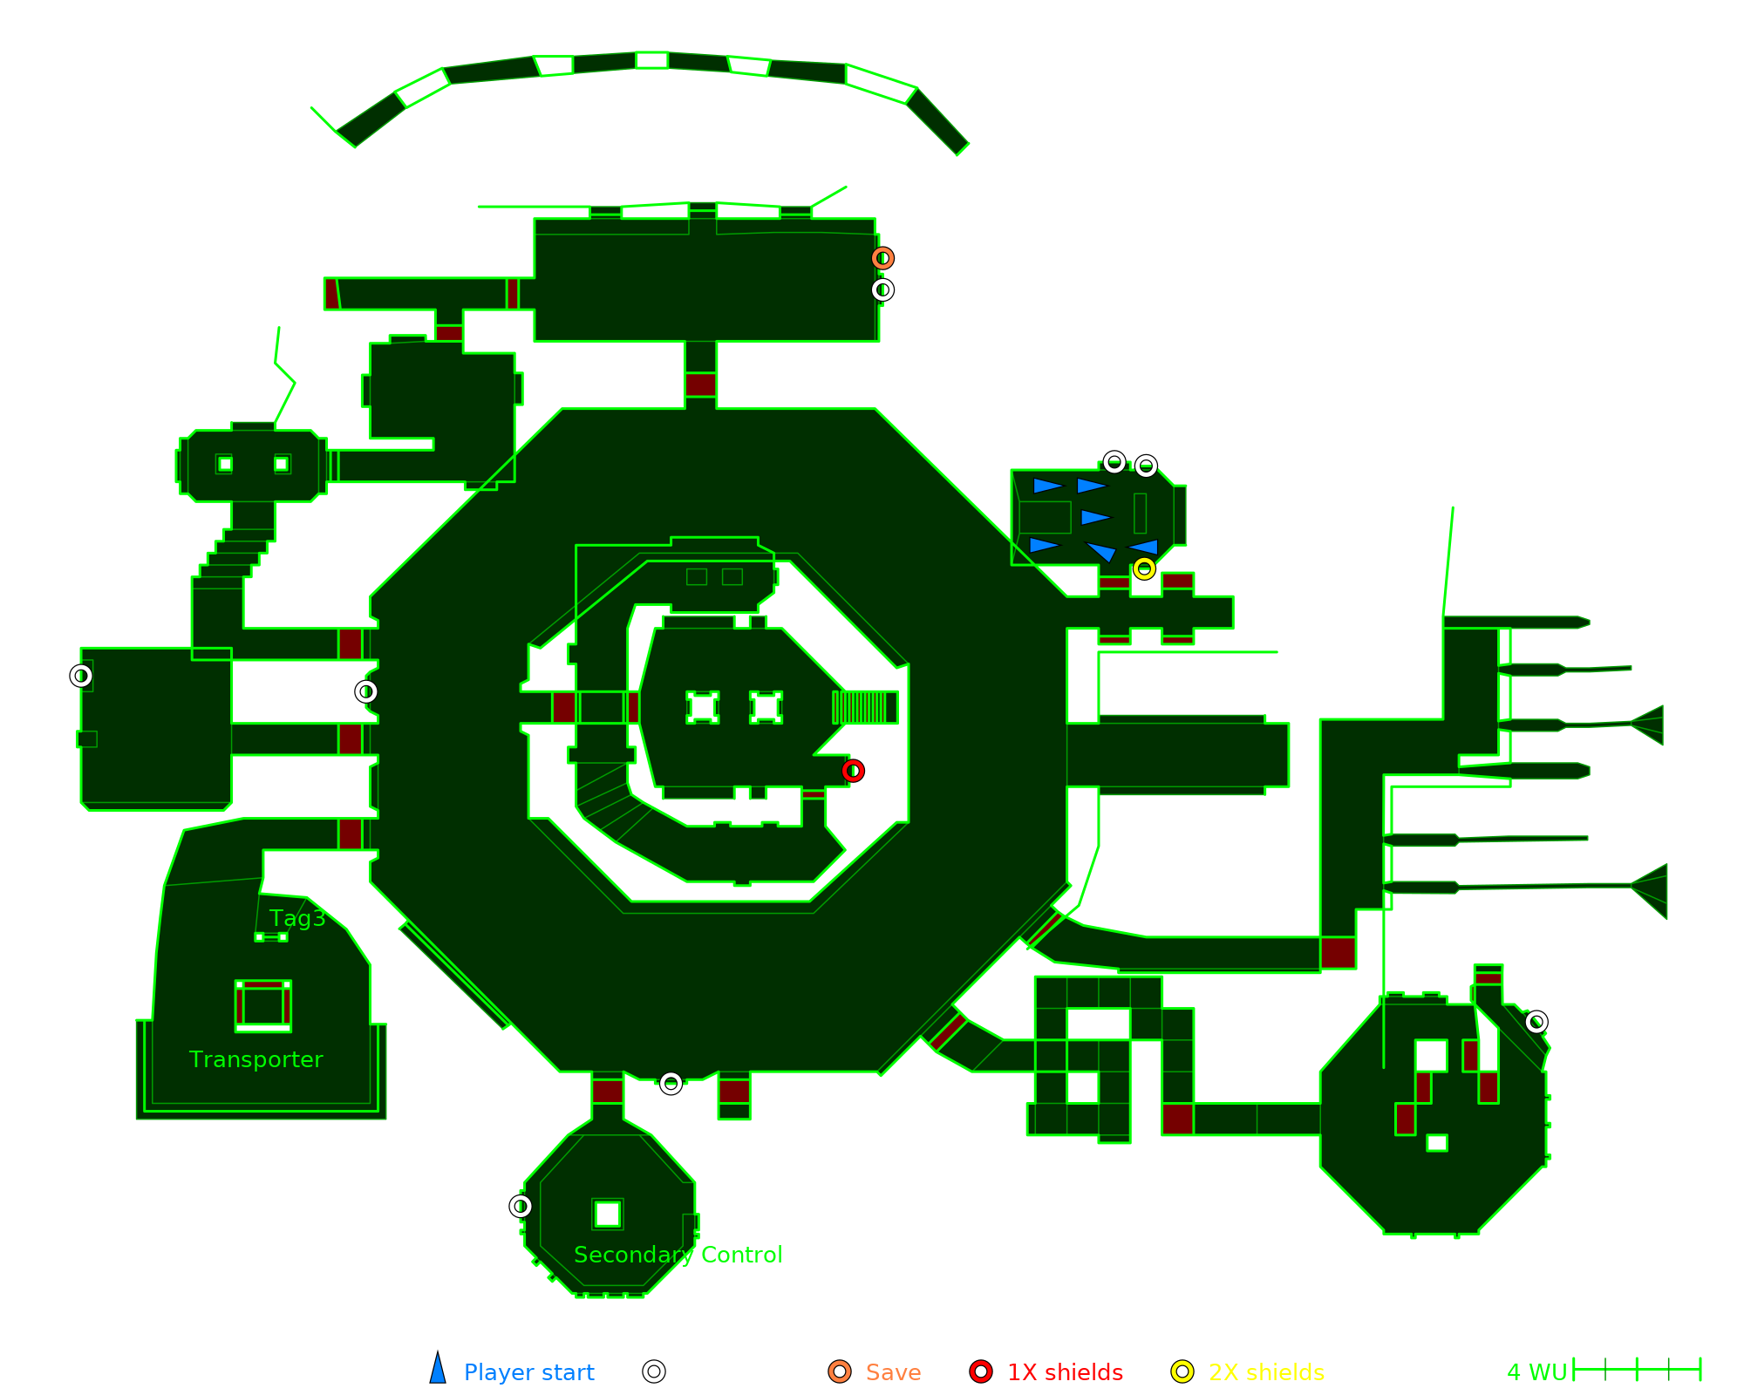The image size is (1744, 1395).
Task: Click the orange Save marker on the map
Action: click(x=882, y=258)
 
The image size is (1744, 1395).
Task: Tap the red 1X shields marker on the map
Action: click(x=853, y=771)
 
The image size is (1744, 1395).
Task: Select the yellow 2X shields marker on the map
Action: click(x=1144, y=569)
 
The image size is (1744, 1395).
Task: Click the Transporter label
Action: click(x=255, y=1059)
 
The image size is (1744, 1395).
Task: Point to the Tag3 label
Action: click(x=297, y=918)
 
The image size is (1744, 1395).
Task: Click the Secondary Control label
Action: click(x=678, y=1255)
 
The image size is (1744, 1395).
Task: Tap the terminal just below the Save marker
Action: click(x=882, y=289)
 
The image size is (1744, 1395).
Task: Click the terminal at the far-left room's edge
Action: click(x=81, y=676)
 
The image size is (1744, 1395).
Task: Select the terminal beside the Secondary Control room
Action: click(x=521, y=1206)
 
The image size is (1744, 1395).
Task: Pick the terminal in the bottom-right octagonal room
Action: click(x=1536, y=1022)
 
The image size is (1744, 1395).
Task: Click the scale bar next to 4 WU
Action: click(x=1637, y=1370)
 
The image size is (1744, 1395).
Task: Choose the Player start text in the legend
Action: click(x=528, y=1372)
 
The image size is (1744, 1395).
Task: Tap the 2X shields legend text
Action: click(x=1266, y=1372)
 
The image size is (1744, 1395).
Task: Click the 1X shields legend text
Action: click(x=1065, y=1372)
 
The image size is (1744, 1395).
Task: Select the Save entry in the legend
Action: click(x=893, y=1372)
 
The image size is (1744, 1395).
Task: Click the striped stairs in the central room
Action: click(x=865, y=707)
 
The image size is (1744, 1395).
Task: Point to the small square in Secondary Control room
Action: click(x=608, y=1214)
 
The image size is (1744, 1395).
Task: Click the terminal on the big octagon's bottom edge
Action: click(x=671, y=1083)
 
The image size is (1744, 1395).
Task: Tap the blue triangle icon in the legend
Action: click(x=438, y=1370)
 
